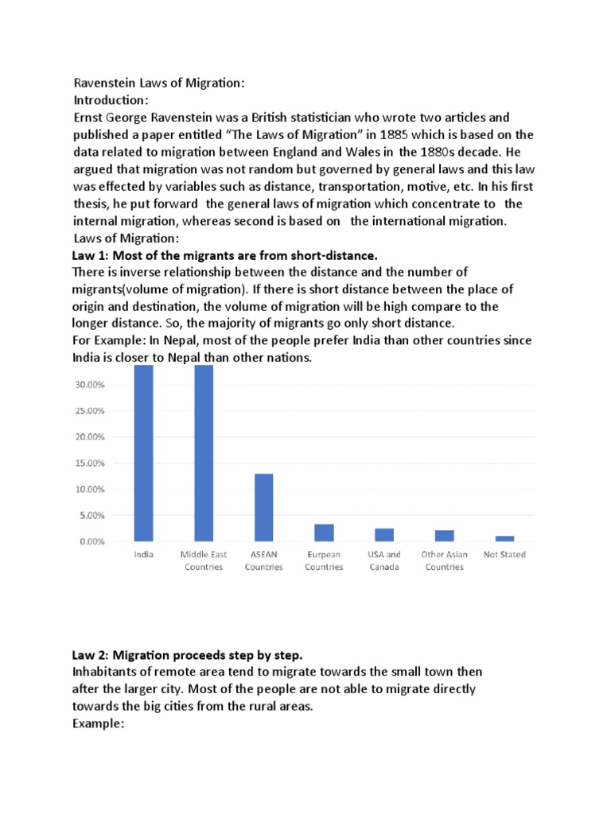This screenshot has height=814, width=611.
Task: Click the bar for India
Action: click(x=143, y=453)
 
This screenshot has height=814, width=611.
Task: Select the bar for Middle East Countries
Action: click(x=204, y=453)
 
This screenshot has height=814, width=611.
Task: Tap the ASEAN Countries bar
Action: click(x=263, y=507)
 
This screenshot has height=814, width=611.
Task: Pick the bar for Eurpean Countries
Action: click(x=324, y=533)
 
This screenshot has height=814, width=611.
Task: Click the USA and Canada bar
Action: click(x=384, y=535)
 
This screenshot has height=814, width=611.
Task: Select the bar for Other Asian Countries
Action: click(x=444, y=536)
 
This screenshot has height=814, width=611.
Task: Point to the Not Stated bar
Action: click(x=504, y=539)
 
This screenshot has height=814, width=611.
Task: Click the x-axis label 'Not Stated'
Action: click(x=504, y=555)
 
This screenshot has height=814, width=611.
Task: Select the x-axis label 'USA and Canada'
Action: click(x=384, y=560)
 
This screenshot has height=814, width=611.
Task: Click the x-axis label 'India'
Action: click(x=143, y=555)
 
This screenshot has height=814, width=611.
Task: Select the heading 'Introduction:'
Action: click(x=111, y=100)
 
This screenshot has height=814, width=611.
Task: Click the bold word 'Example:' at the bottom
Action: click(x=99, y=723)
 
